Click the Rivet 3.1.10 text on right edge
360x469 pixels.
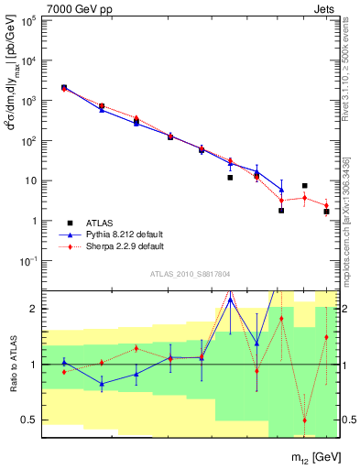(345, 73)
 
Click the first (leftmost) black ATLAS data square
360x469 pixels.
(63, 88)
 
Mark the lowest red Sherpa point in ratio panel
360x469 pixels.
(304, 420)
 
